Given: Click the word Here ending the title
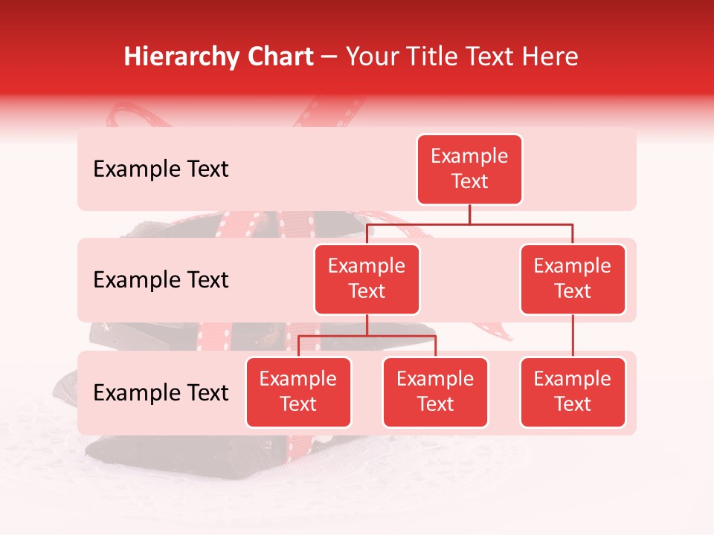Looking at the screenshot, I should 551,57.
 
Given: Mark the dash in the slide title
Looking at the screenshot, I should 329,58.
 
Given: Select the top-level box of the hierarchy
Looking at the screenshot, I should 469,169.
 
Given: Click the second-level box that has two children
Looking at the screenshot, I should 367,279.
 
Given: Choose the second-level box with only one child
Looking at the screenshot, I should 572,279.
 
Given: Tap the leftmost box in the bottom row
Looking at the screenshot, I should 298,392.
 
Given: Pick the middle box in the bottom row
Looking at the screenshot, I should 435,392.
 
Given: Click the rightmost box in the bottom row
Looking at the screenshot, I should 572,392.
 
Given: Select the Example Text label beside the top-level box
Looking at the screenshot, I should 161,169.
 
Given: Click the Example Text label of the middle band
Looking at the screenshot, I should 161,280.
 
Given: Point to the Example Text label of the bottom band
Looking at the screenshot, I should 161,393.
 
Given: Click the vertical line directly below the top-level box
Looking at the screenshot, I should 469,214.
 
